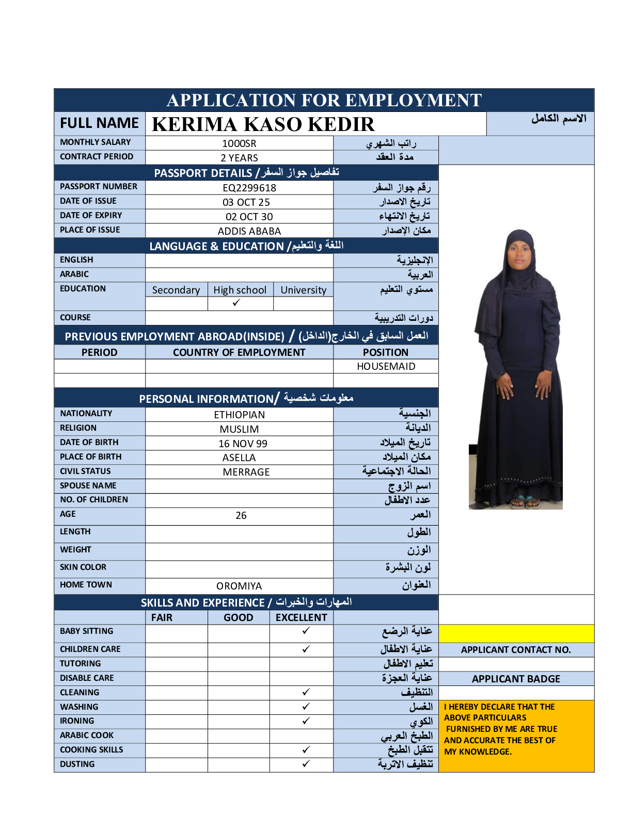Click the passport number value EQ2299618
[249, 188]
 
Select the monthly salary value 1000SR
[239, 143]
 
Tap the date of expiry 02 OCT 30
[249, 217]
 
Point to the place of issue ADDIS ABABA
[249, 231]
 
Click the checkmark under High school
[236, 303]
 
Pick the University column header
[303, 290]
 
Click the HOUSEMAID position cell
[386, 366]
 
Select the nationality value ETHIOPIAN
[239, 415]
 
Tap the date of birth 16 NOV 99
[243, 444]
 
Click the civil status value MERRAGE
[246, 472]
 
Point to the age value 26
[241, 515]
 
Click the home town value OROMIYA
[239, 586]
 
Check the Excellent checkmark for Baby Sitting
[306, 631]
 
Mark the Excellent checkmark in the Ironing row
[306, 721]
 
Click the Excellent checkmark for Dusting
[306, 764]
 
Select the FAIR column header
[162, 617]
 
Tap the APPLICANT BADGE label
[516, 679]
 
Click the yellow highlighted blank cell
[516, 633]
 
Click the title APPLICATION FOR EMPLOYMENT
[324, 100]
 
